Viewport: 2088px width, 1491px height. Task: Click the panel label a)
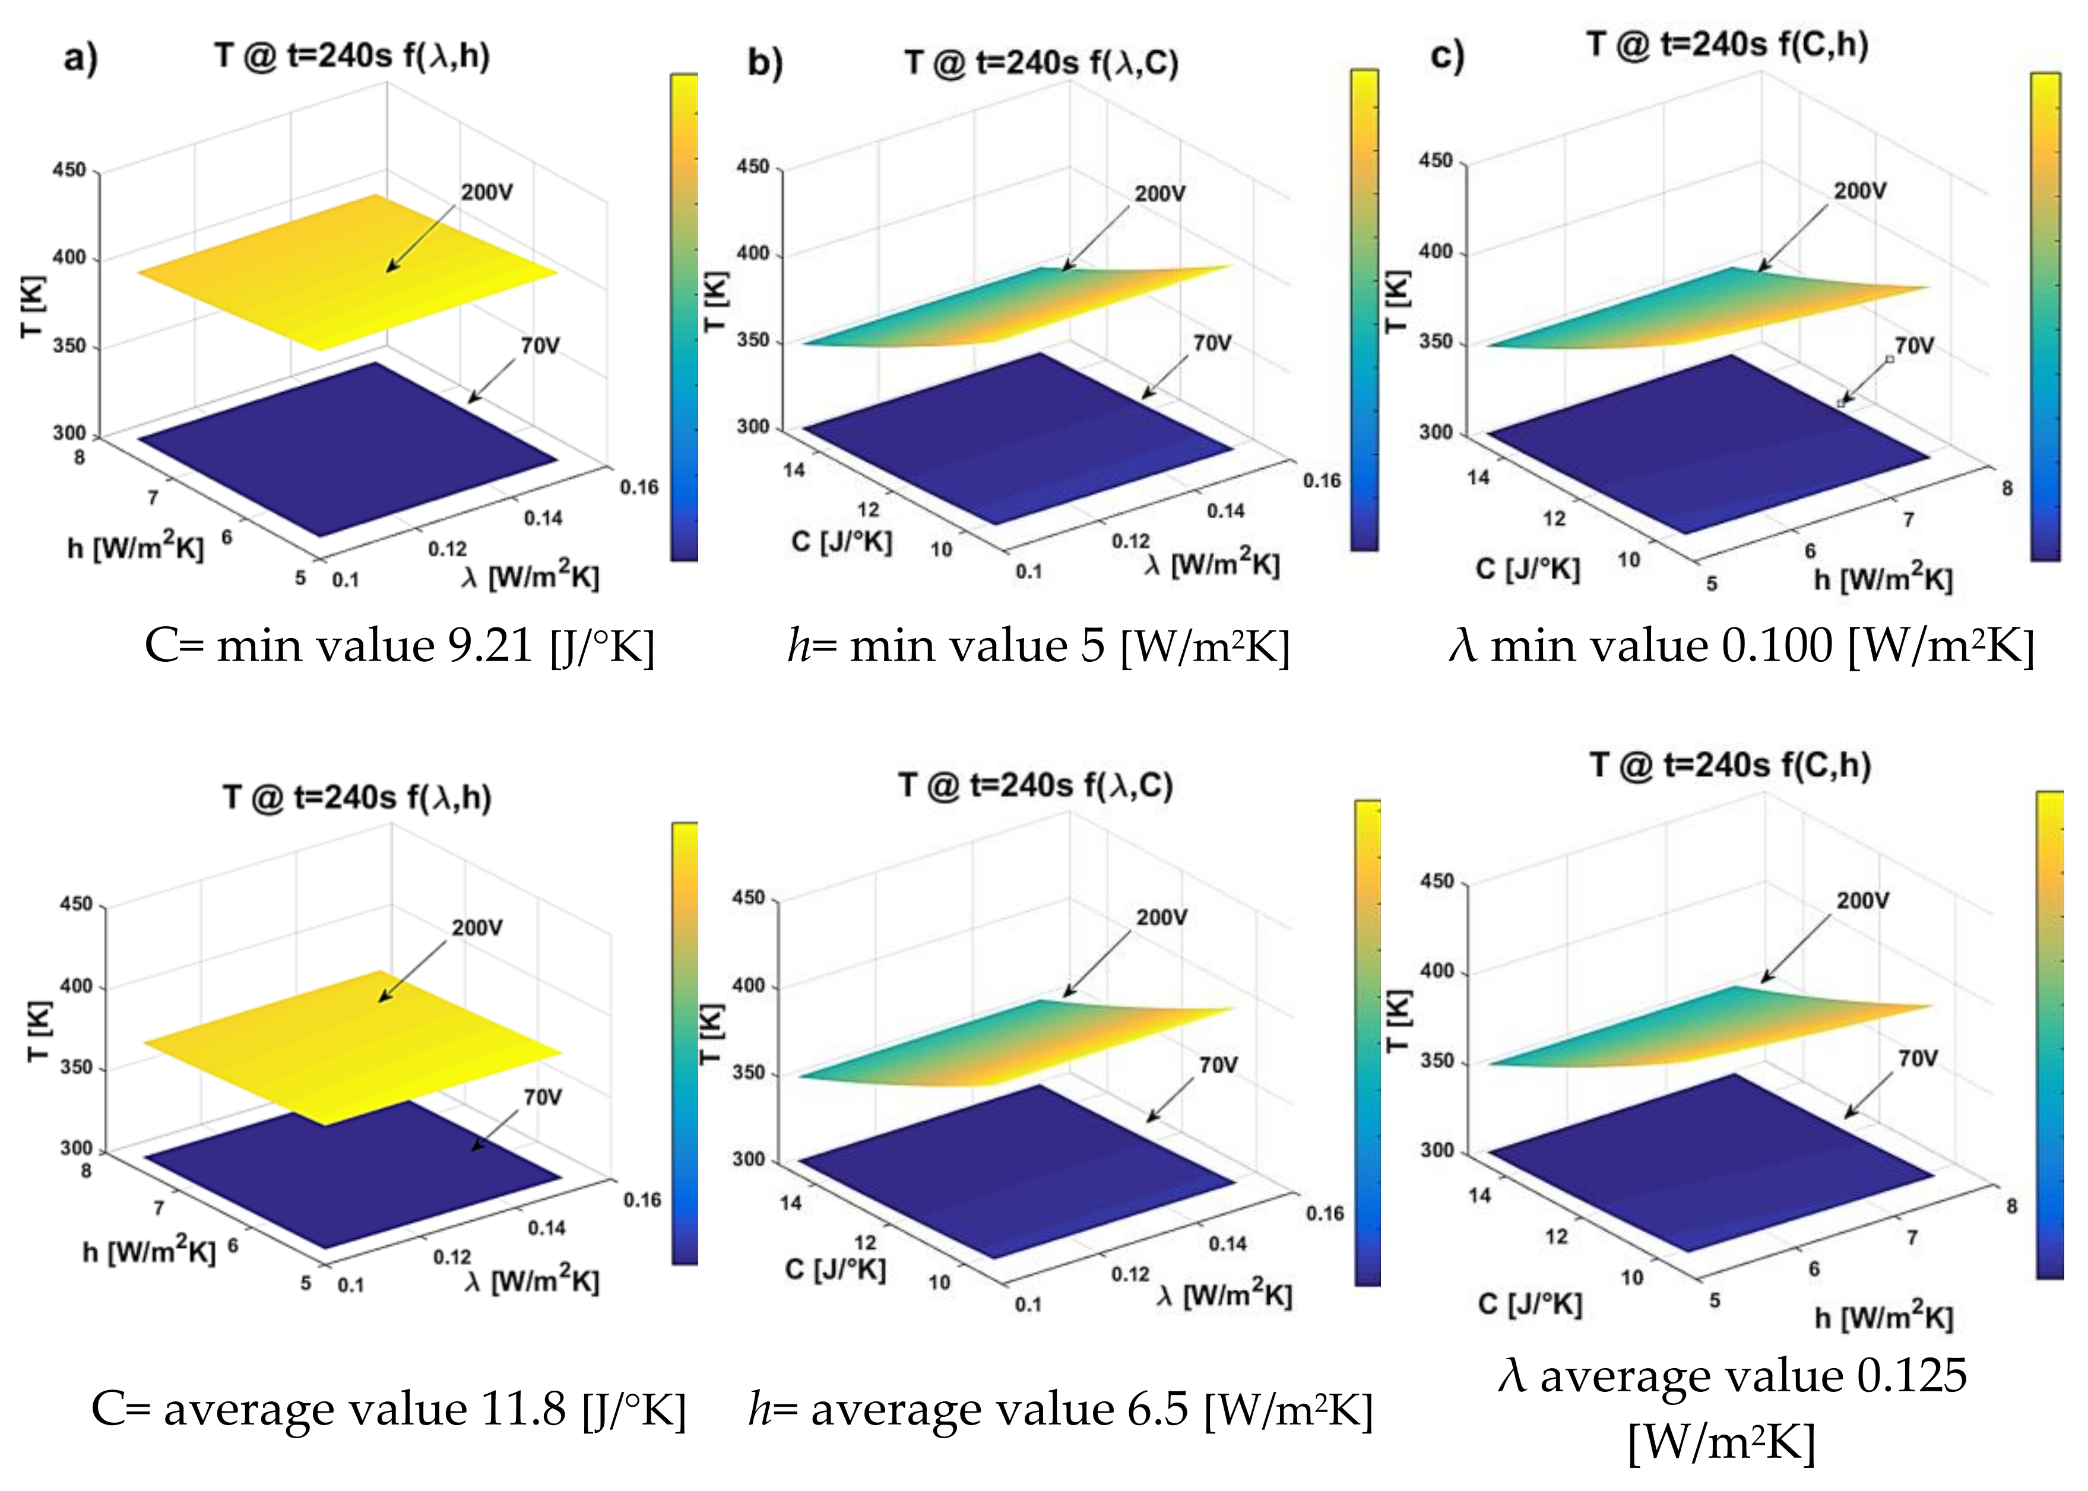click(81, 59)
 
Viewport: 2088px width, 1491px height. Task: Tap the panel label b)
click(765, 64)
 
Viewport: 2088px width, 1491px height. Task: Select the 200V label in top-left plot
click(487, 193)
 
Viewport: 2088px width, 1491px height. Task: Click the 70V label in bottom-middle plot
click(1218, 1065)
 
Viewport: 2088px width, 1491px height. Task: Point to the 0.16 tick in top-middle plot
click(1322, 480)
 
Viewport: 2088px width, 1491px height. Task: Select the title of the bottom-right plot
click(1731, 764)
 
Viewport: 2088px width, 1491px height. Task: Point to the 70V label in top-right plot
click(1915, 346)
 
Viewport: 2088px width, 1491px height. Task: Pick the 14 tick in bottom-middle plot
click(791, 1203)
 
